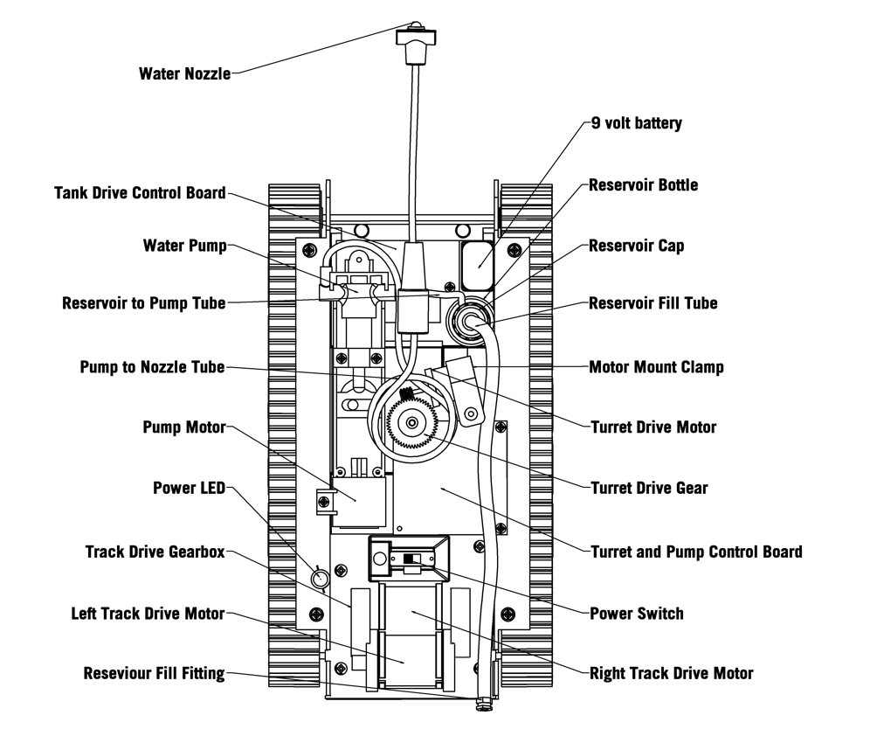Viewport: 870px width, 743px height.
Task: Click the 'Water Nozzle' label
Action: coord(184,73)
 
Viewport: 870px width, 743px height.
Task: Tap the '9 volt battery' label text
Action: coord(636,123)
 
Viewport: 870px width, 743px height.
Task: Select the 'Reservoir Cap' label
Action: coord(636,246)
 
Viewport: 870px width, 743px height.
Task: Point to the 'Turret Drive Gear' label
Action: coord(649,488)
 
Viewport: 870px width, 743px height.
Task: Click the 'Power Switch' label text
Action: coord(637,614)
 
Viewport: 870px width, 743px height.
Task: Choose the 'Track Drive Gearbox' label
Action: coord(155,552)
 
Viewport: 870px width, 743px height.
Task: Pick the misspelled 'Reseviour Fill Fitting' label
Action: coord(154,673)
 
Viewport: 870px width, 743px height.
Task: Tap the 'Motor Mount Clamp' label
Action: coord(656,367)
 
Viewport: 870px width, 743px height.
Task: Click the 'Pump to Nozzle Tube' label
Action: coord(152,367)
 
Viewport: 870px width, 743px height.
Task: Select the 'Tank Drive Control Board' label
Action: coord(140,192)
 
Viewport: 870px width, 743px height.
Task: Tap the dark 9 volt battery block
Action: coord(477,263)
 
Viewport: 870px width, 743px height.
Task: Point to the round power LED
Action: coord(320,578)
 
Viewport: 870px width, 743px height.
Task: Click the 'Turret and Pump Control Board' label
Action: coord(696,552)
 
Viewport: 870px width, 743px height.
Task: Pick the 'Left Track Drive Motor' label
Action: coord(148,613)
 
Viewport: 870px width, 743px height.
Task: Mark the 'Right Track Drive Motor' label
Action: coord(671,673)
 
